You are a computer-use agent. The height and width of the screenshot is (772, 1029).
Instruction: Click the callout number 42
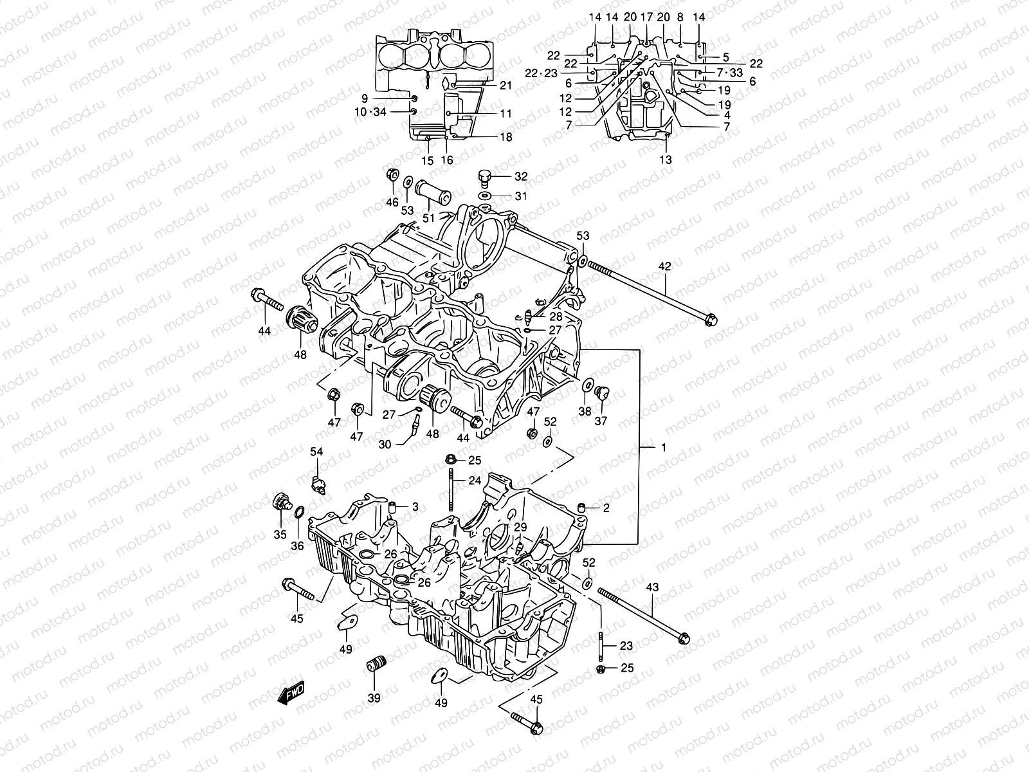[x=664, y=266]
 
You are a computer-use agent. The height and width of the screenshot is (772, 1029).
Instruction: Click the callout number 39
[x=374, y=698]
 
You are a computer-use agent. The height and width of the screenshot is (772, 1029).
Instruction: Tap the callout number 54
[x=316, y=452]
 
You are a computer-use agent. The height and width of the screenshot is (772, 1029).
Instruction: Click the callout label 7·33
[x=729, y=73]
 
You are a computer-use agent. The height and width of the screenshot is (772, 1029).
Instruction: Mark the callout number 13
[x=666, y=160]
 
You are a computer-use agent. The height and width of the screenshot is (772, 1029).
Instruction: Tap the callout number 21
[x=506, y=86]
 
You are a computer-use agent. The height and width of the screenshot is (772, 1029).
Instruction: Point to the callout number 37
[x=600, y=421]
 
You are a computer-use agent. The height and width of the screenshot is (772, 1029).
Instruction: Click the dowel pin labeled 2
[x=583, y=509]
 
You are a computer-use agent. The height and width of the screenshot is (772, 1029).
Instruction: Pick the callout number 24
[x=475, y=480]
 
